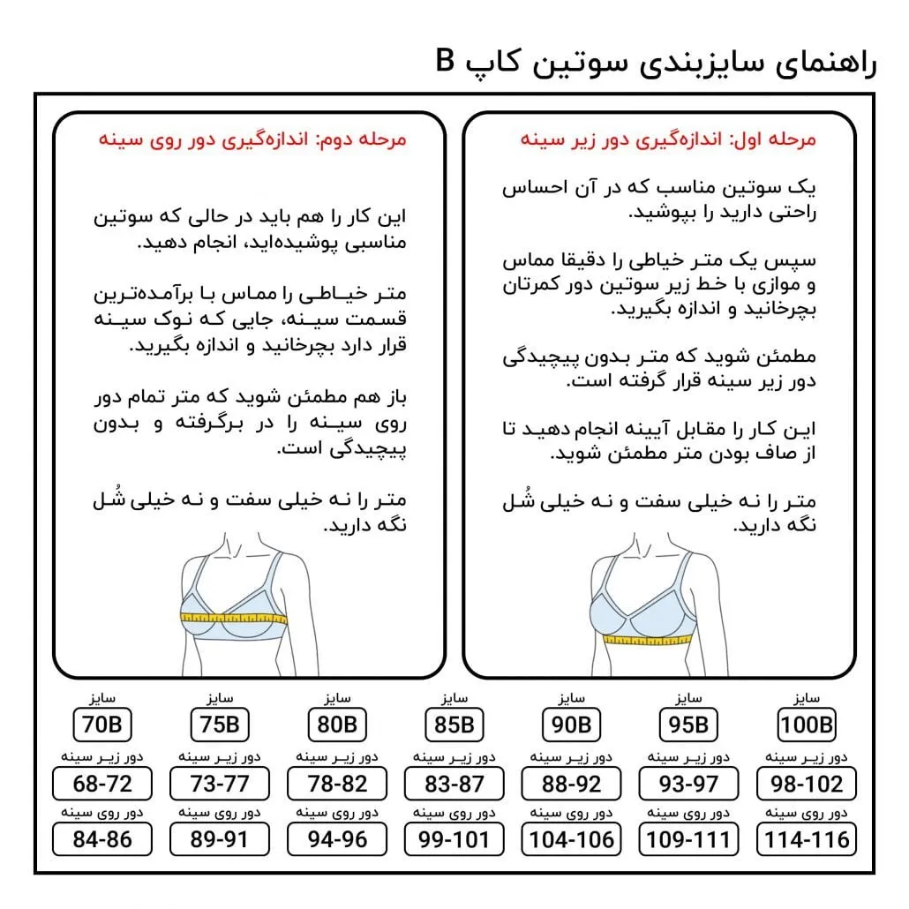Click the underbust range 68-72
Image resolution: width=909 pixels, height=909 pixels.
pyautogui.click(x=101, y=783)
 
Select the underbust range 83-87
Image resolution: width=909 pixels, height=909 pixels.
pyautogui.click(x=454, y=783)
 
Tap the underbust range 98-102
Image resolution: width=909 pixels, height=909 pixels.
pyautogui.click(x=807, y=783)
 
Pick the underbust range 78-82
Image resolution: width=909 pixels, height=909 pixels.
pyautogui.click(x=336, y=783)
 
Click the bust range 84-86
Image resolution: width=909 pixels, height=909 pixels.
pyautogui.click(x=101, y=838)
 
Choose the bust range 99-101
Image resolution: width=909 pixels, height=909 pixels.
pyautogui.click(x=454, y=838)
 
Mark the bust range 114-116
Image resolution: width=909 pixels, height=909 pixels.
pyautogui.click(x=807, y=838)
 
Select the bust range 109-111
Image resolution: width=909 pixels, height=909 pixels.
pyautogui.click(x=688, y=838)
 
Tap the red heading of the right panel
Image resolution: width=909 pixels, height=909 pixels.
pyautogui.click(x=668, y=139)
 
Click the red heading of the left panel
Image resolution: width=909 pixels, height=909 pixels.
pyautogui.click(x=252, y=139)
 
